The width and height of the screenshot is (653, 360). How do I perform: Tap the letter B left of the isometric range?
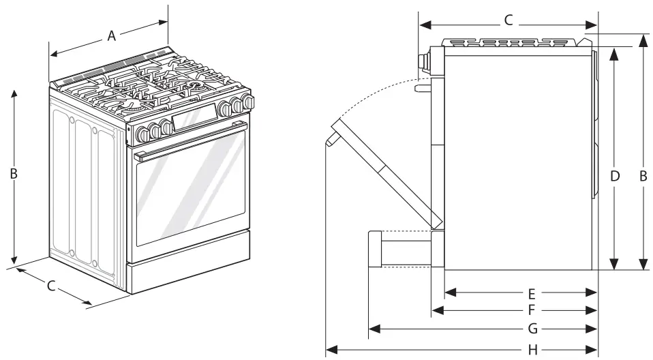pyautogui.click(x=13, y=174)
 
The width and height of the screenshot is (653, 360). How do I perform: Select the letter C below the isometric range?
pyautogui.click(x=51, y=286)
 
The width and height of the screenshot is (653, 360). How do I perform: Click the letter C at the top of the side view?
pyautogui.click(x=508, y=20)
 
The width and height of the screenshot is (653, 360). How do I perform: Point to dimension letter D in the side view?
pyautogui.click(x=615, y=176)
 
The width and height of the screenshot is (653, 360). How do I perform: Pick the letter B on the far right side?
pyautogui.click(x=643, y=176)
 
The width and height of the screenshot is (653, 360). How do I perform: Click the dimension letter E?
pyautogui.click(x=532, y=294)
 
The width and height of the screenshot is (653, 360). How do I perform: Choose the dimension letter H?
pyautogui.click(x=533, y=350)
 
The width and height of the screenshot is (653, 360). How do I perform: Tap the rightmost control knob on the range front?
pyautogui.click(x=249, y=102)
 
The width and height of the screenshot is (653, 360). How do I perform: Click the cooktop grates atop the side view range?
pyautogui.click(x=515, y=42)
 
